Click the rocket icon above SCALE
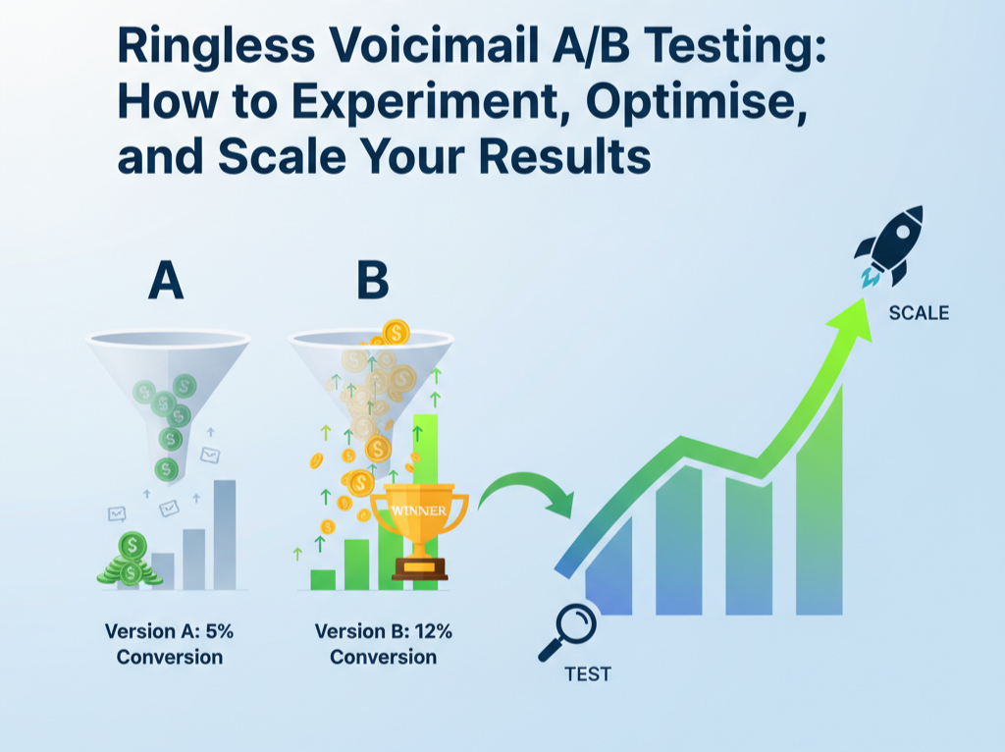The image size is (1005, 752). pyautogui.click(x=889, y=246)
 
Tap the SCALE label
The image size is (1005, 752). pyautogui.click(x=919, y=313)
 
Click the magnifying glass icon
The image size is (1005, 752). pyautogui.click(x=568, y=632)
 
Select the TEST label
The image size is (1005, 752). pyautogui.click(x=588, y=674)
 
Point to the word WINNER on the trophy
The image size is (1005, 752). pyautogui.click(x=419, y=510)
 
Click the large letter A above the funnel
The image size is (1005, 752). pyautogui.click(x=166, y=281)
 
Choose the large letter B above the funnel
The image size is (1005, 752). pyautogui.click(x=372, y=281)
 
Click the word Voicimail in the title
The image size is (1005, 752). pyautogui.click(x=437, y=46)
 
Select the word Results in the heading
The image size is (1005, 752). pyautogui.click(x=564, y=156)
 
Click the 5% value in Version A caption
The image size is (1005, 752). pyautogui.click(x=219, y=631)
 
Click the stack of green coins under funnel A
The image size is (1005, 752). pyautogui.click(x=131, y=560)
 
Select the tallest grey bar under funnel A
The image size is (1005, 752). pyautogui.click(x=225, y=535)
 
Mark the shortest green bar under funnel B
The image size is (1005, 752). pyautogui.click(x=322, y=579)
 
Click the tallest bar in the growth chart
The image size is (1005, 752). pyautogui.click(x=820, y=500)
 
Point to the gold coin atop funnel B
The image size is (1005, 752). pyautogui.click(x=397, y=333)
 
